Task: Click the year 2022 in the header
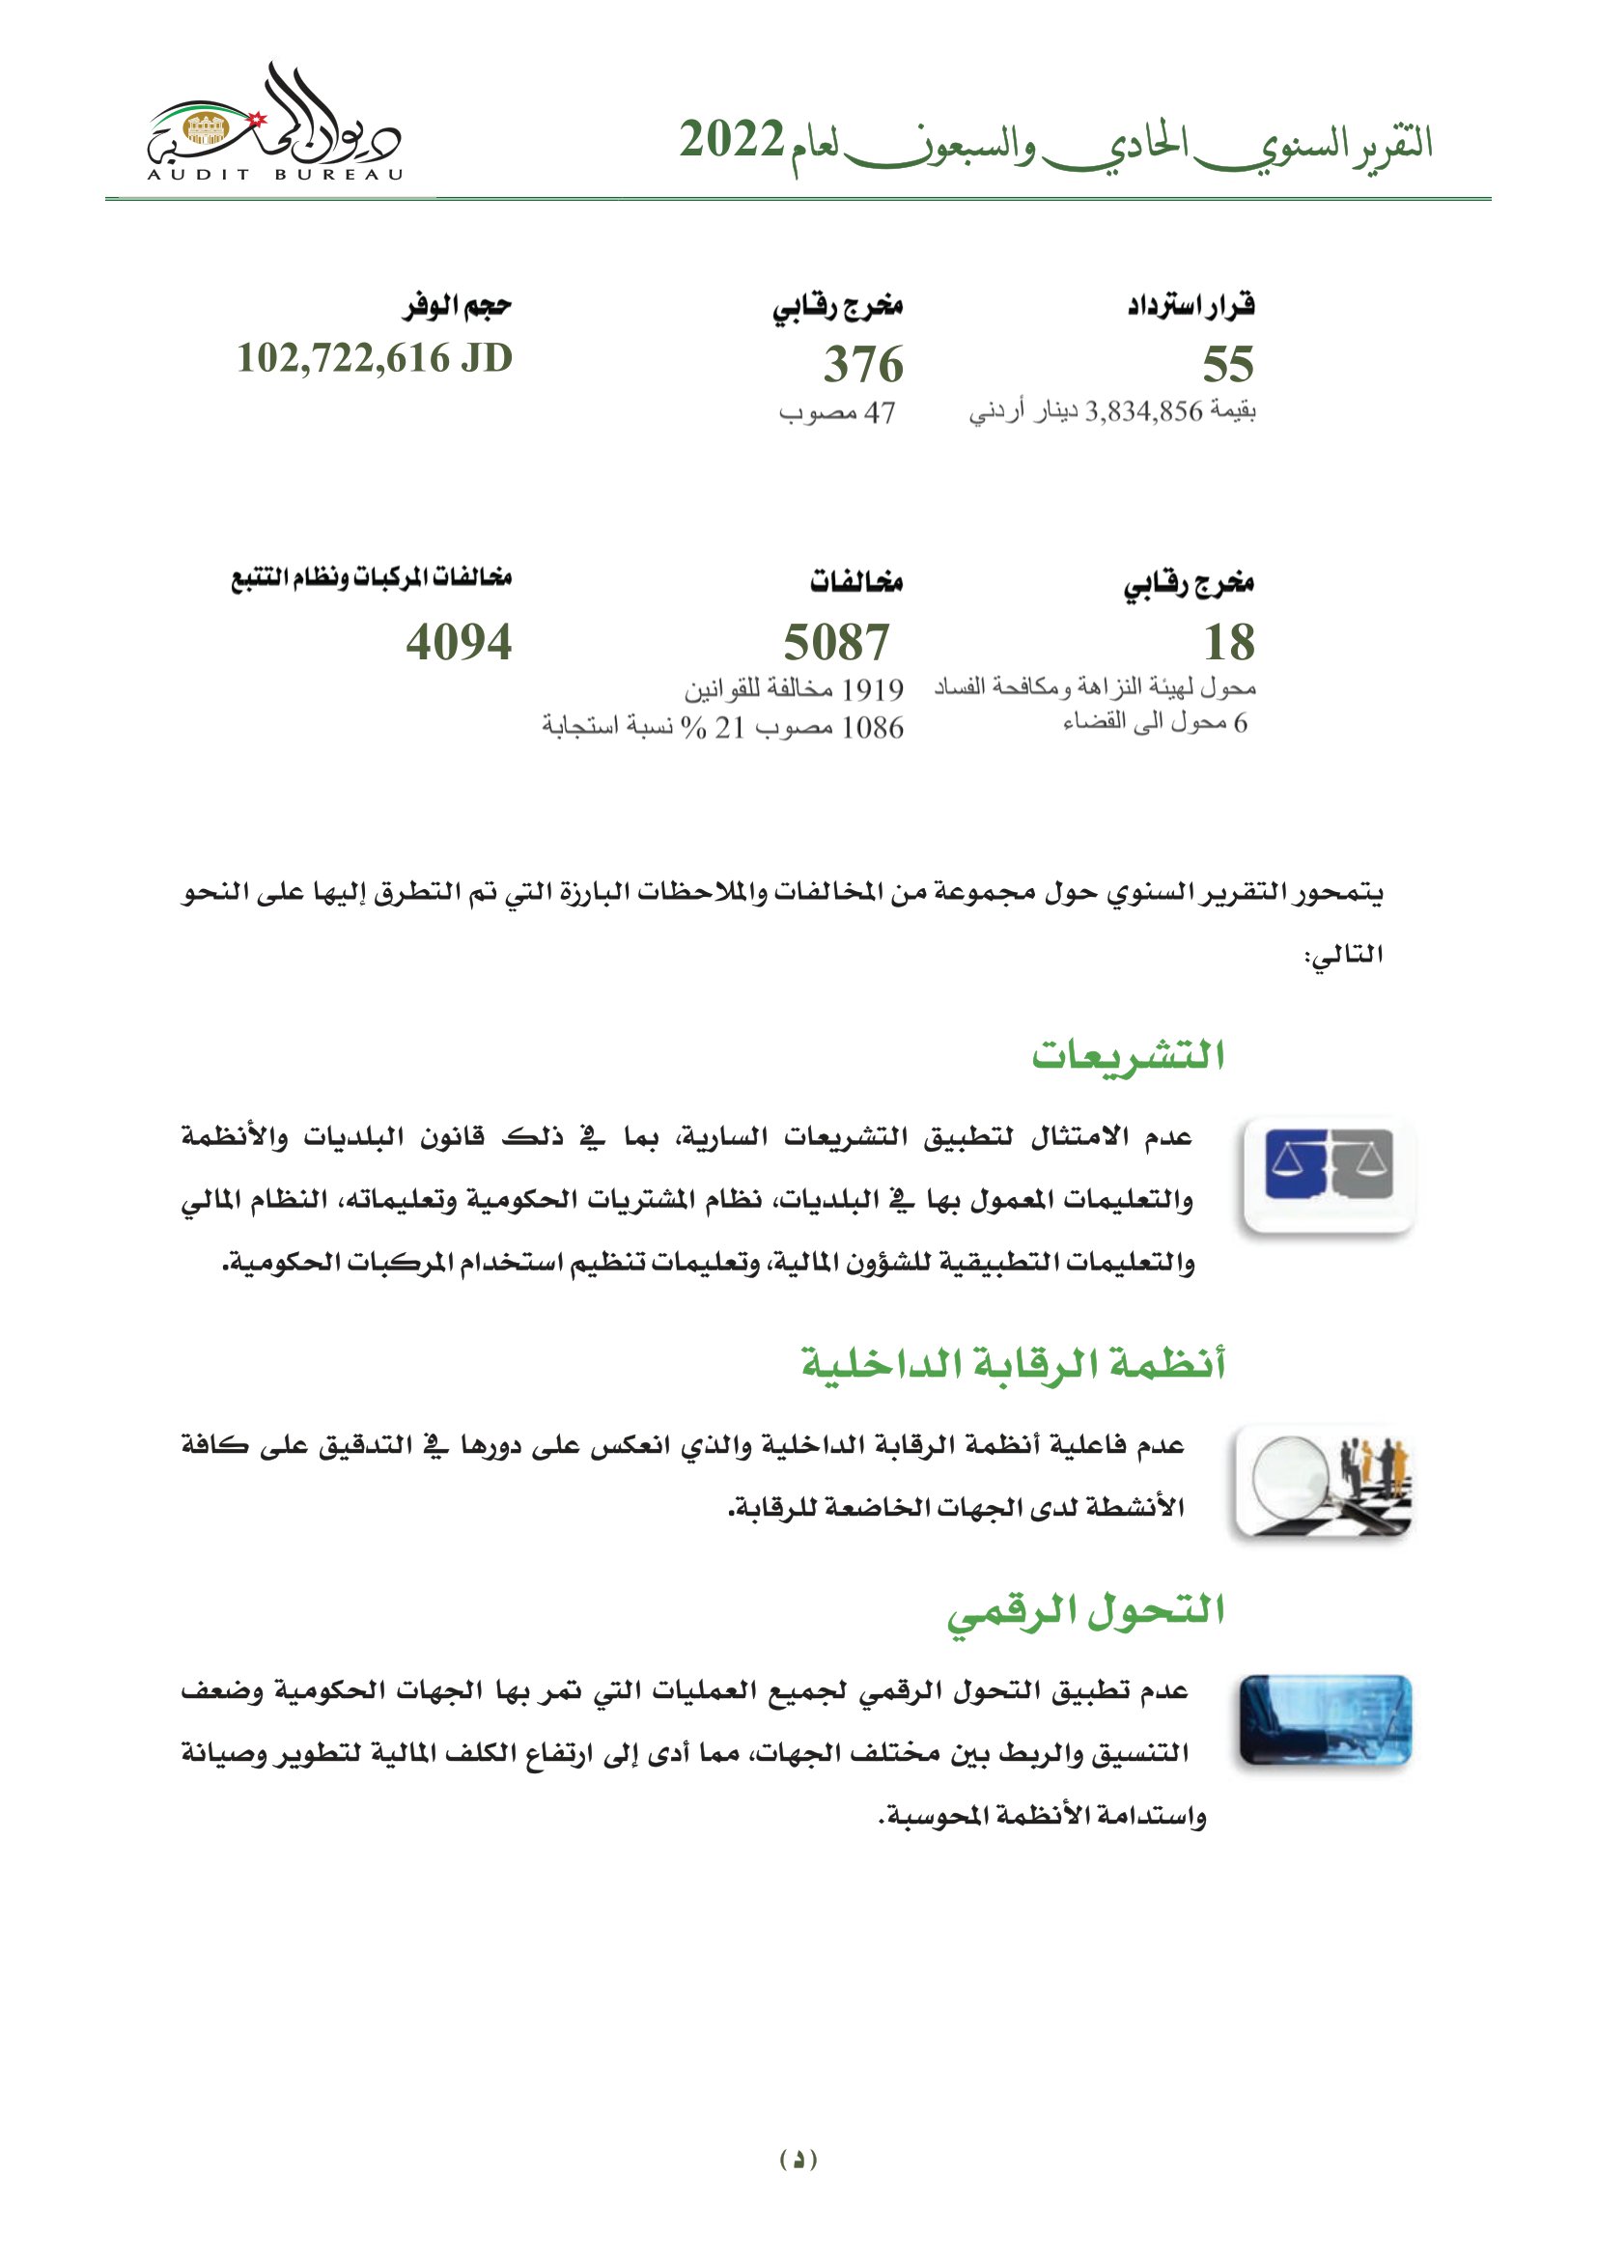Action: point(732,141)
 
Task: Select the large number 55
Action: point(1228,364)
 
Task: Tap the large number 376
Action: point(863,364)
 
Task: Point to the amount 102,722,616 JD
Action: point(375,358)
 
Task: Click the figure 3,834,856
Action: point(1143,412)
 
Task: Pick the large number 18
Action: point(1229,642)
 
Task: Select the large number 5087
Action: point(837,642)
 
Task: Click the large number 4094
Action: point(460,642)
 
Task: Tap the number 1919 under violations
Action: point(872,689)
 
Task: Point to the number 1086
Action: point(872,728)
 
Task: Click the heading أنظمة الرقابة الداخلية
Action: point(1014,1364)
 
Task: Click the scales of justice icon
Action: point(1329,1174)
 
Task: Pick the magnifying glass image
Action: point(1324,1483)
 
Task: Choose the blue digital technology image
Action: point(1326,1722)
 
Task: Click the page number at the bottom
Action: point(798,2160)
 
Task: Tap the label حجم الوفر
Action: point(458,307)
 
